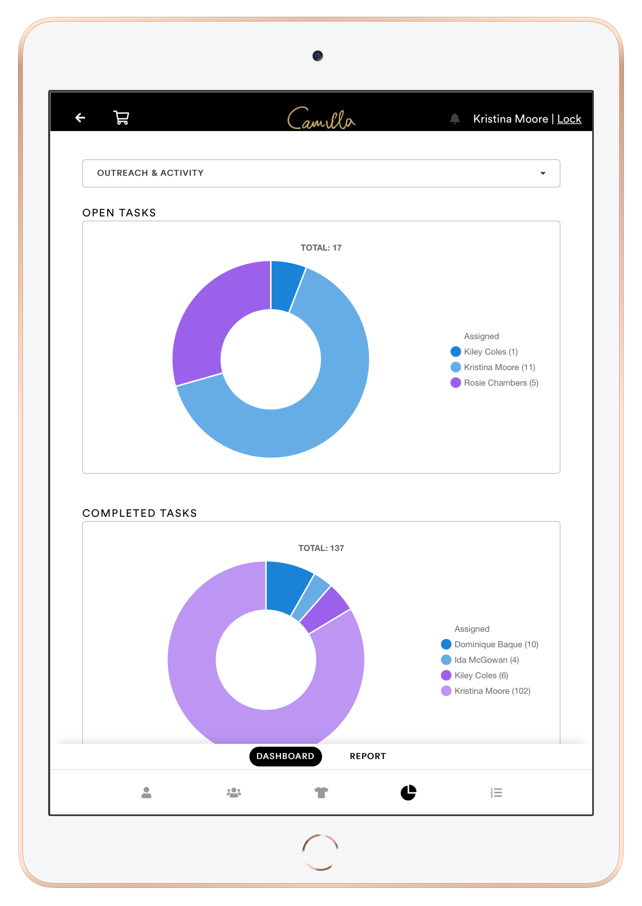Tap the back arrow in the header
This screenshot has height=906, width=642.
point(80,118)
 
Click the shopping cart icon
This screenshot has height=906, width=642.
point(121,118)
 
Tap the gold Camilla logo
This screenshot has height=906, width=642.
point(321,119)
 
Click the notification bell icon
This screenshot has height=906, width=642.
point(455,119)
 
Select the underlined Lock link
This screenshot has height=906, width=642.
point(569,119)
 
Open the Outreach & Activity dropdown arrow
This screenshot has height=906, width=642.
point(543,173)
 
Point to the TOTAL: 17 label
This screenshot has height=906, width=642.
point(321,248)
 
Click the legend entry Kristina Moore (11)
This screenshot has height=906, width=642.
point(499,367)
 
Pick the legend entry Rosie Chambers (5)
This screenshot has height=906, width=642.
point(501,383)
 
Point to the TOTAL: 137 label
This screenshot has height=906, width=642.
point(321,548)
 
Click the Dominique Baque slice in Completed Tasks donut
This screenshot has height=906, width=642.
point(286,587)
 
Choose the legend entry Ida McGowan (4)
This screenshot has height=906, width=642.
point(486,660)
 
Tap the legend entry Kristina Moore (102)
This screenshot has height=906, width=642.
point(492,691)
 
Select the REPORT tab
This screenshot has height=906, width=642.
point(368,756)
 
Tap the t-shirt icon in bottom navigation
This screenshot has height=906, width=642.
point(321,793)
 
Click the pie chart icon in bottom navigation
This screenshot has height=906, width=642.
point(408,793)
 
